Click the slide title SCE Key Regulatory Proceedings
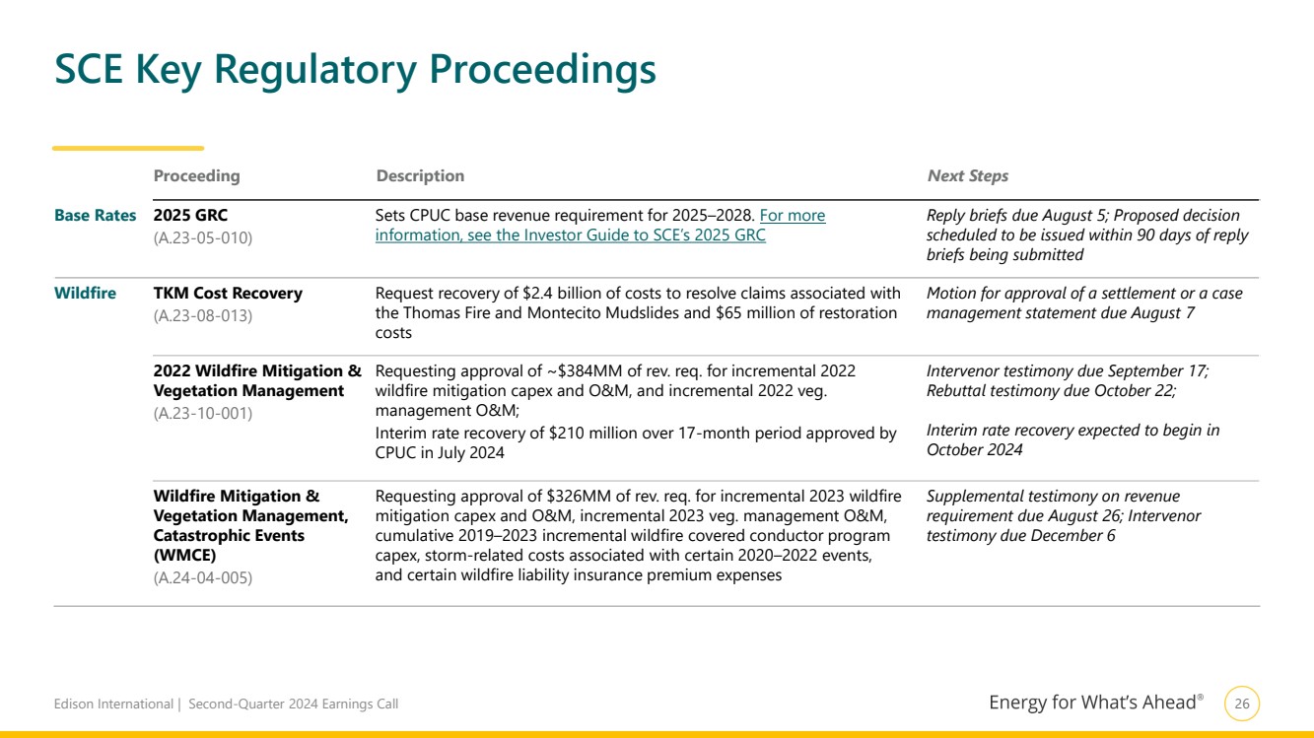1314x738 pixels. (355, 70)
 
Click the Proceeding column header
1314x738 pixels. (196, 176)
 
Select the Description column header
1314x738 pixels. (420, 176)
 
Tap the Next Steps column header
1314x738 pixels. (967, 176)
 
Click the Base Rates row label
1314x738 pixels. (95, 216)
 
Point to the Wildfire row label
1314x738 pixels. (85, 294)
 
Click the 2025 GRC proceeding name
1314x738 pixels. (190, 216)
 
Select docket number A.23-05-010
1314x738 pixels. (203, 237)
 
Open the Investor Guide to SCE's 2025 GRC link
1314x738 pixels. (570, 235)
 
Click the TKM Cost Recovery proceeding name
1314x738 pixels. (228, 294)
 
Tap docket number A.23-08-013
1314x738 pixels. (203, 315)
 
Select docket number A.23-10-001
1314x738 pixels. (203, 413)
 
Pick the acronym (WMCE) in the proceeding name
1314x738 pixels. (184, 556)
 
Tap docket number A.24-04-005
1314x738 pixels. (203, 577)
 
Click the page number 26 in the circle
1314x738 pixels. (1242, 704)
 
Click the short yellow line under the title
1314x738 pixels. (128, 149)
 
